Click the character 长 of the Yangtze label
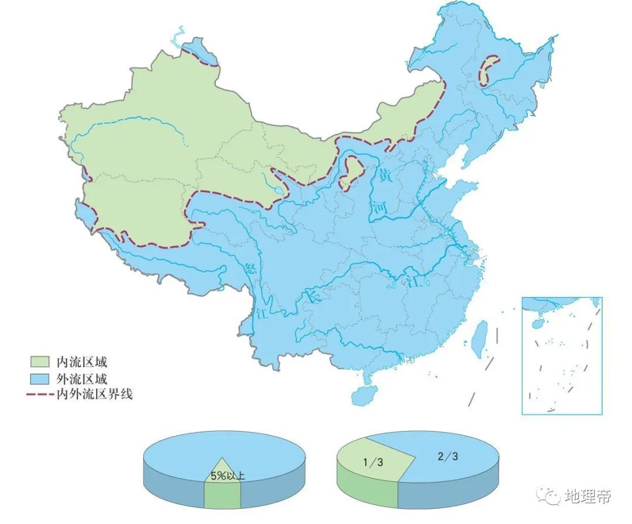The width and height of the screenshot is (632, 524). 314,297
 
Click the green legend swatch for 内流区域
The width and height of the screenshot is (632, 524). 39,361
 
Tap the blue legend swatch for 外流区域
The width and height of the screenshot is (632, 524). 39,378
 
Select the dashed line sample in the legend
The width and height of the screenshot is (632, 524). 39,395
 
